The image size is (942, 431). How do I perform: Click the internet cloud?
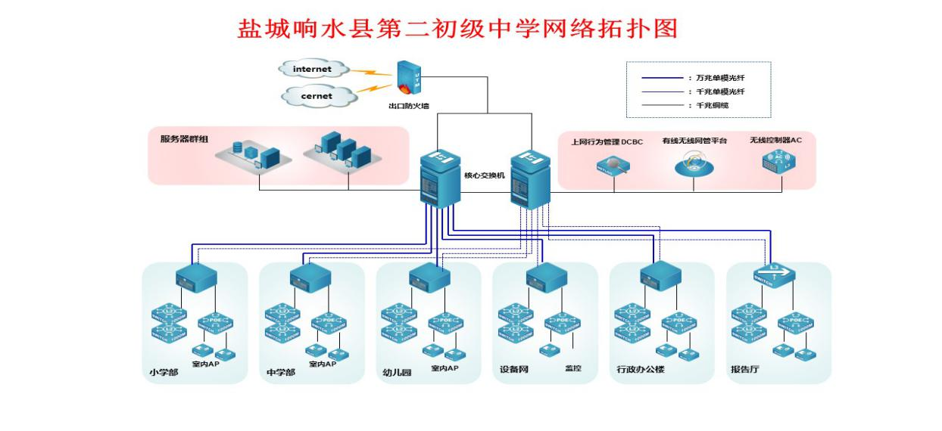(x=312, y=70)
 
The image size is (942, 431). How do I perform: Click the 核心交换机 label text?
(x=484, y=175)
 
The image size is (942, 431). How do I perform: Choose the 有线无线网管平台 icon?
(x=694, y=165)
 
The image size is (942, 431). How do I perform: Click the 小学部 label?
(x=164, y=372)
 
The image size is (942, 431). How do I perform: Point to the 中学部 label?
(x=281, y=372)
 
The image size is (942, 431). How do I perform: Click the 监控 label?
(x=572, y=369)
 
